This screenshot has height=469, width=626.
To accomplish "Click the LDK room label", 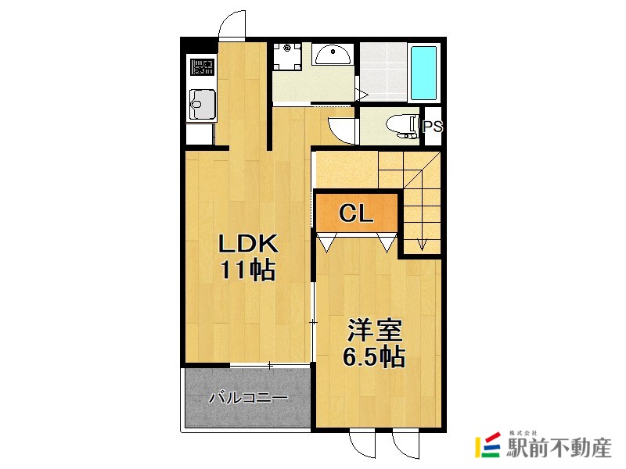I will [x=246, y=243].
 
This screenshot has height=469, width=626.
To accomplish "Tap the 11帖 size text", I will [x=246, y=270].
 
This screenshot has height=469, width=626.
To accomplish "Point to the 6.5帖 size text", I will [x=373, y=358].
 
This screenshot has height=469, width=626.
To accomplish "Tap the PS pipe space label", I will [x=433, y=127].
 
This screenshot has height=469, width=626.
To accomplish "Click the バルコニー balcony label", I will [x=248, y=398].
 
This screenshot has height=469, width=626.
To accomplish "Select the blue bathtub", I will [x=424, y=72].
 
